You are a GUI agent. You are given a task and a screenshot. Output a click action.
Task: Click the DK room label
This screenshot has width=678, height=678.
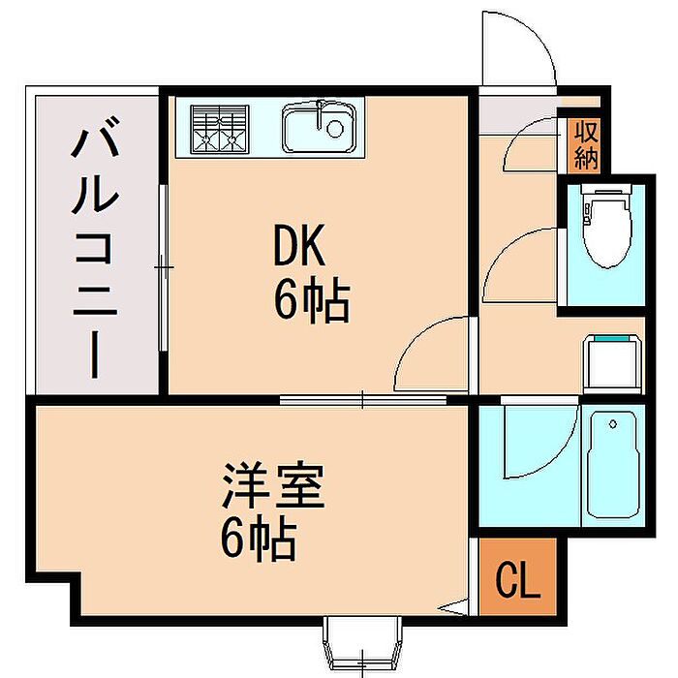pyautogui.click(x=299, y=246)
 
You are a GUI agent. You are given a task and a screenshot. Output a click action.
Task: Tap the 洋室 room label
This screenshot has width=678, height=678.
pyautogui.click(x=273, y=486)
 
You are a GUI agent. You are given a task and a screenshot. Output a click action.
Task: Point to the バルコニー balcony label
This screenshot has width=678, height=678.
pyautogui.click(x=95, y=247)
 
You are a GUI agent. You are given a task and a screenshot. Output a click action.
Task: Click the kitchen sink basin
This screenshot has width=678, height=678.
pyautogui.click(x=319, y=127)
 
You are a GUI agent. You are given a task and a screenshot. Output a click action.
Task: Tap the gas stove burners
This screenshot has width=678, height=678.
pyautogui.click(x=220, y=129)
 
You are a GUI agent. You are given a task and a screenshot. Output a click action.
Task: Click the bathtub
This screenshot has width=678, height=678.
pyautogui.click(x=613, y=464)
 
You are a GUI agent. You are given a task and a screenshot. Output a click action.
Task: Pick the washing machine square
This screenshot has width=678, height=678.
pyautogui.click(x=612, y=363)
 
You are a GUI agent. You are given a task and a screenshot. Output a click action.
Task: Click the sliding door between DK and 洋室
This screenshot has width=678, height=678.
pyautogui.click(x=362, y=399)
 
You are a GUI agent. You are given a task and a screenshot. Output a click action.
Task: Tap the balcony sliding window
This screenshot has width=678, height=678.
pyautogui.click(x=164, y=268)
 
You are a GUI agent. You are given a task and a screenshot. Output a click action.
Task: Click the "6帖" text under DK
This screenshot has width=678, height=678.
pyautogui.click(x=311, y=301)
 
